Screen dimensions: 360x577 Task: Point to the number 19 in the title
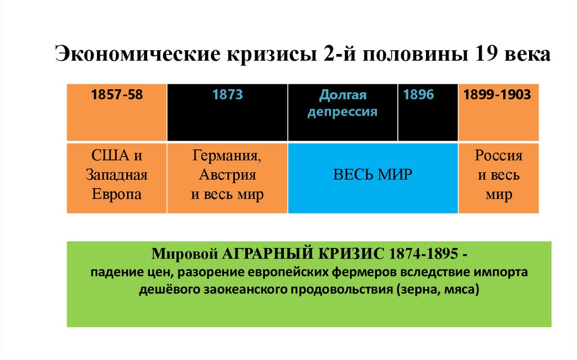[x=486, y=56]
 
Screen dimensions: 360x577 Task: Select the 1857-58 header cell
[x=117, y=112]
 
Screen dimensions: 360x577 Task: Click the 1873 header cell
[x=227, y=112]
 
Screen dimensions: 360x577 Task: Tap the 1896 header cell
[x=428, y=112]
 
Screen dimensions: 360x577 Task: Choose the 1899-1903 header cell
[x=498, y=112]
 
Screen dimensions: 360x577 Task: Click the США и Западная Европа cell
[x=117, y=177]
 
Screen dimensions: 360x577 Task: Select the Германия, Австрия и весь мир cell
[x=227, y=177]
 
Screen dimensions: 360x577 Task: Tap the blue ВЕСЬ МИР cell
[x=372, y=177]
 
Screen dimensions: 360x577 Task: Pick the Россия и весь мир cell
[x=498, y=177]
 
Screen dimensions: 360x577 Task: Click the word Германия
[x=227, y=155]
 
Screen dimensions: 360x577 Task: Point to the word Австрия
[x=227, y=175]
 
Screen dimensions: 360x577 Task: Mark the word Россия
[x=499, y=155]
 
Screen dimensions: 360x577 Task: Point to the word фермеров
[x=366, y=273]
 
